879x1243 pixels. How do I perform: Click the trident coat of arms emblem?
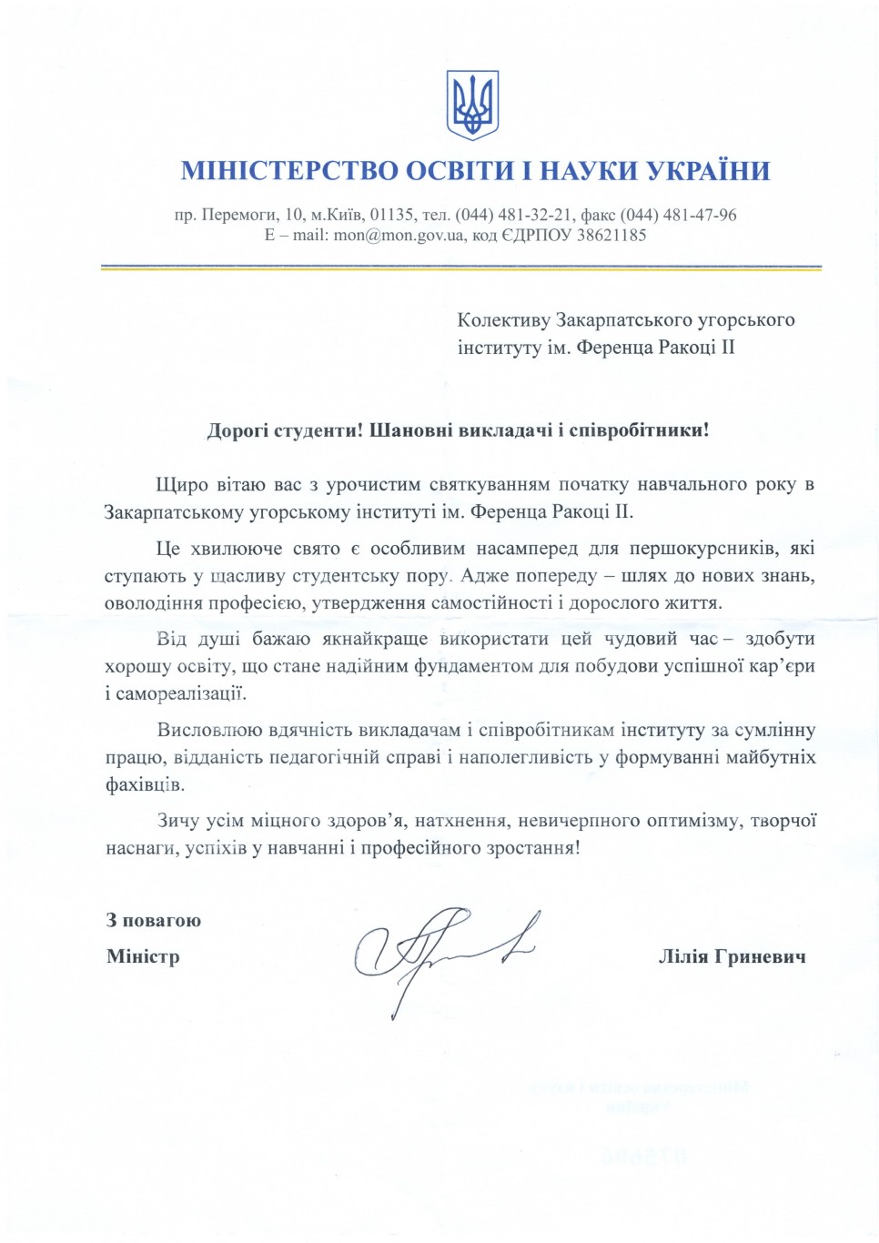click(x=472, y=105)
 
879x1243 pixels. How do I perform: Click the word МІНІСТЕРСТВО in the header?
click(x=289, y=171)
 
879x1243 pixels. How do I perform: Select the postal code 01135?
click(x=392, y=216)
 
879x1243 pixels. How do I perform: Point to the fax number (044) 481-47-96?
click(x=679, y=216)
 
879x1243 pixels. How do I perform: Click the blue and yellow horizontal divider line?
click(x=460, y=268)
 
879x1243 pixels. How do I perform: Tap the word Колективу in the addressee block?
click(x=503, y=320)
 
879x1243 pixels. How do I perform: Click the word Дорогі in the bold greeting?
click(x=237, y=430)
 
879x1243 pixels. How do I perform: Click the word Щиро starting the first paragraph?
click(x=182, y=485)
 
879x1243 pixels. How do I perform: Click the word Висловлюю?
click(x=209, y=730)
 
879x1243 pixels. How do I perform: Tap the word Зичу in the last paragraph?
click(x=177, y=821)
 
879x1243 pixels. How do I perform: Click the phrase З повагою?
click(x=154, y=920)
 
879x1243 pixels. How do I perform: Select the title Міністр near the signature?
click(x=143, y=956)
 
